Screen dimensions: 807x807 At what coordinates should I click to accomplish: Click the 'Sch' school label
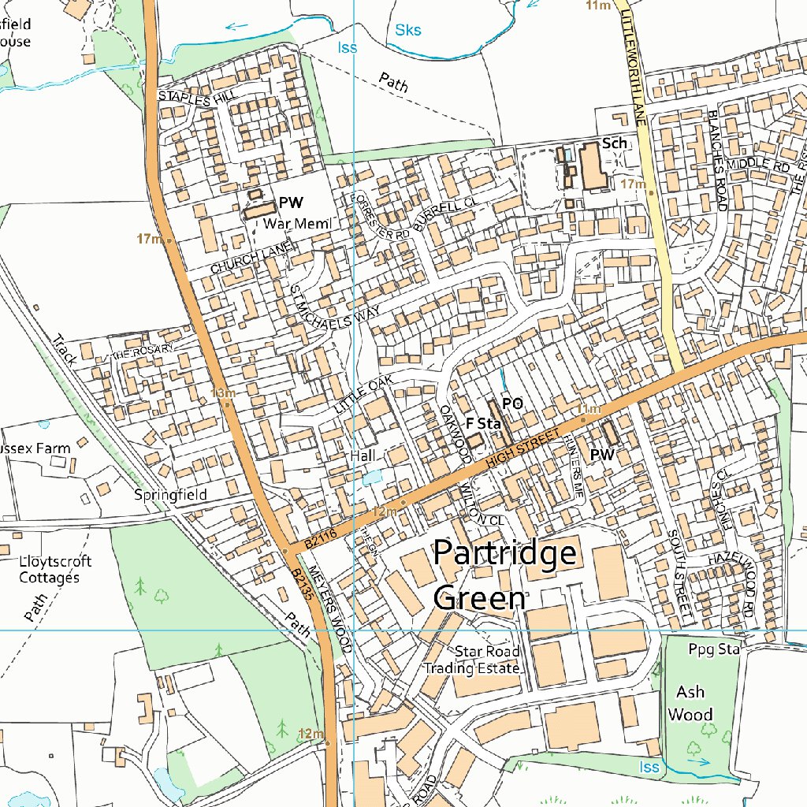614,143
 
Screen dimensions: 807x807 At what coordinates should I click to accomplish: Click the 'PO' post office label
512,403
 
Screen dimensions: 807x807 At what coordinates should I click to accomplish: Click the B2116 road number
319,540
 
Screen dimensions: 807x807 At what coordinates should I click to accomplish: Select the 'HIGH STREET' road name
523,452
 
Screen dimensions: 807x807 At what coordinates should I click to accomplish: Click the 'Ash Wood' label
690,703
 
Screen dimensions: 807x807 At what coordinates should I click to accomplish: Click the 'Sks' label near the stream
407,31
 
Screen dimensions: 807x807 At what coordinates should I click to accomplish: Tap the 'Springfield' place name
170,495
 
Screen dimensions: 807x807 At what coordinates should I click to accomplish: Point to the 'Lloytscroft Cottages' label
55,569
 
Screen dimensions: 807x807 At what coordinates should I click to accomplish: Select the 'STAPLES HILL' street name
197,99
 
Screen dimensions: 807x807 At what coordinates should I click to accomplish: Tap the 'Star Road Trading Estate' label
473,660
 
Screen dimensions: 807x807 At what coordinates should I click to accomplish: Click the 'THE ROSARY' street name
142,352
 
